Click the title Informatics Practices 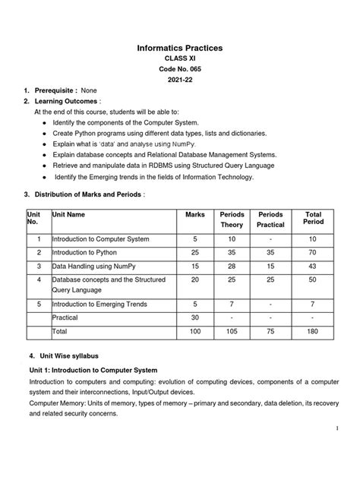[180, 49]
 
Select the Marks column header [195, 215]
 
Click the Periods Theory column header [232, 219]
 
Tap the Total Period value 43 [313, 267]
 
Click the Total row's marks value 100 [195, 331]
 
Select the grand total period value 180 [313, 331]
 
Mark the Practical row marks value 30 [195, 317]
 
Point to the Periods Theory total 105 [232, 331]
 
